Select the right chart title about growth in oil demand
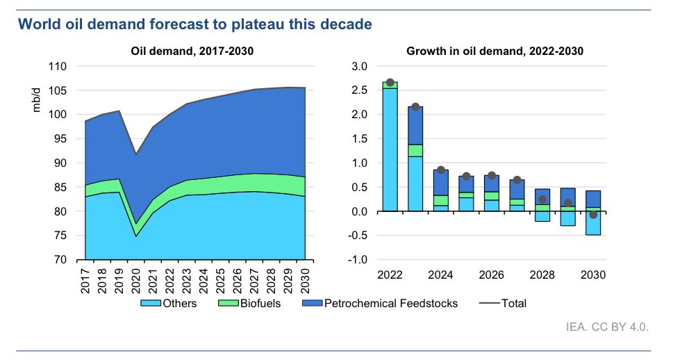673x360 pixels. point(495,51)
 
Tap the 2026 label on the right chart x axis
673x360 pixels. point(492,275)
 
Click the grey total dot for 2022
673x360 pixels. point(390,83)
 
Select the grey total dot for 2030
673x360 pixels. point(593,215)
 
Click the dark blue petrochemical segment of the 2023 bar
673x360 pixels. point(415,125)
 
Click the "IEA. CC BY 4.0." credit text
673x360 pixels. point(607,327)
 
